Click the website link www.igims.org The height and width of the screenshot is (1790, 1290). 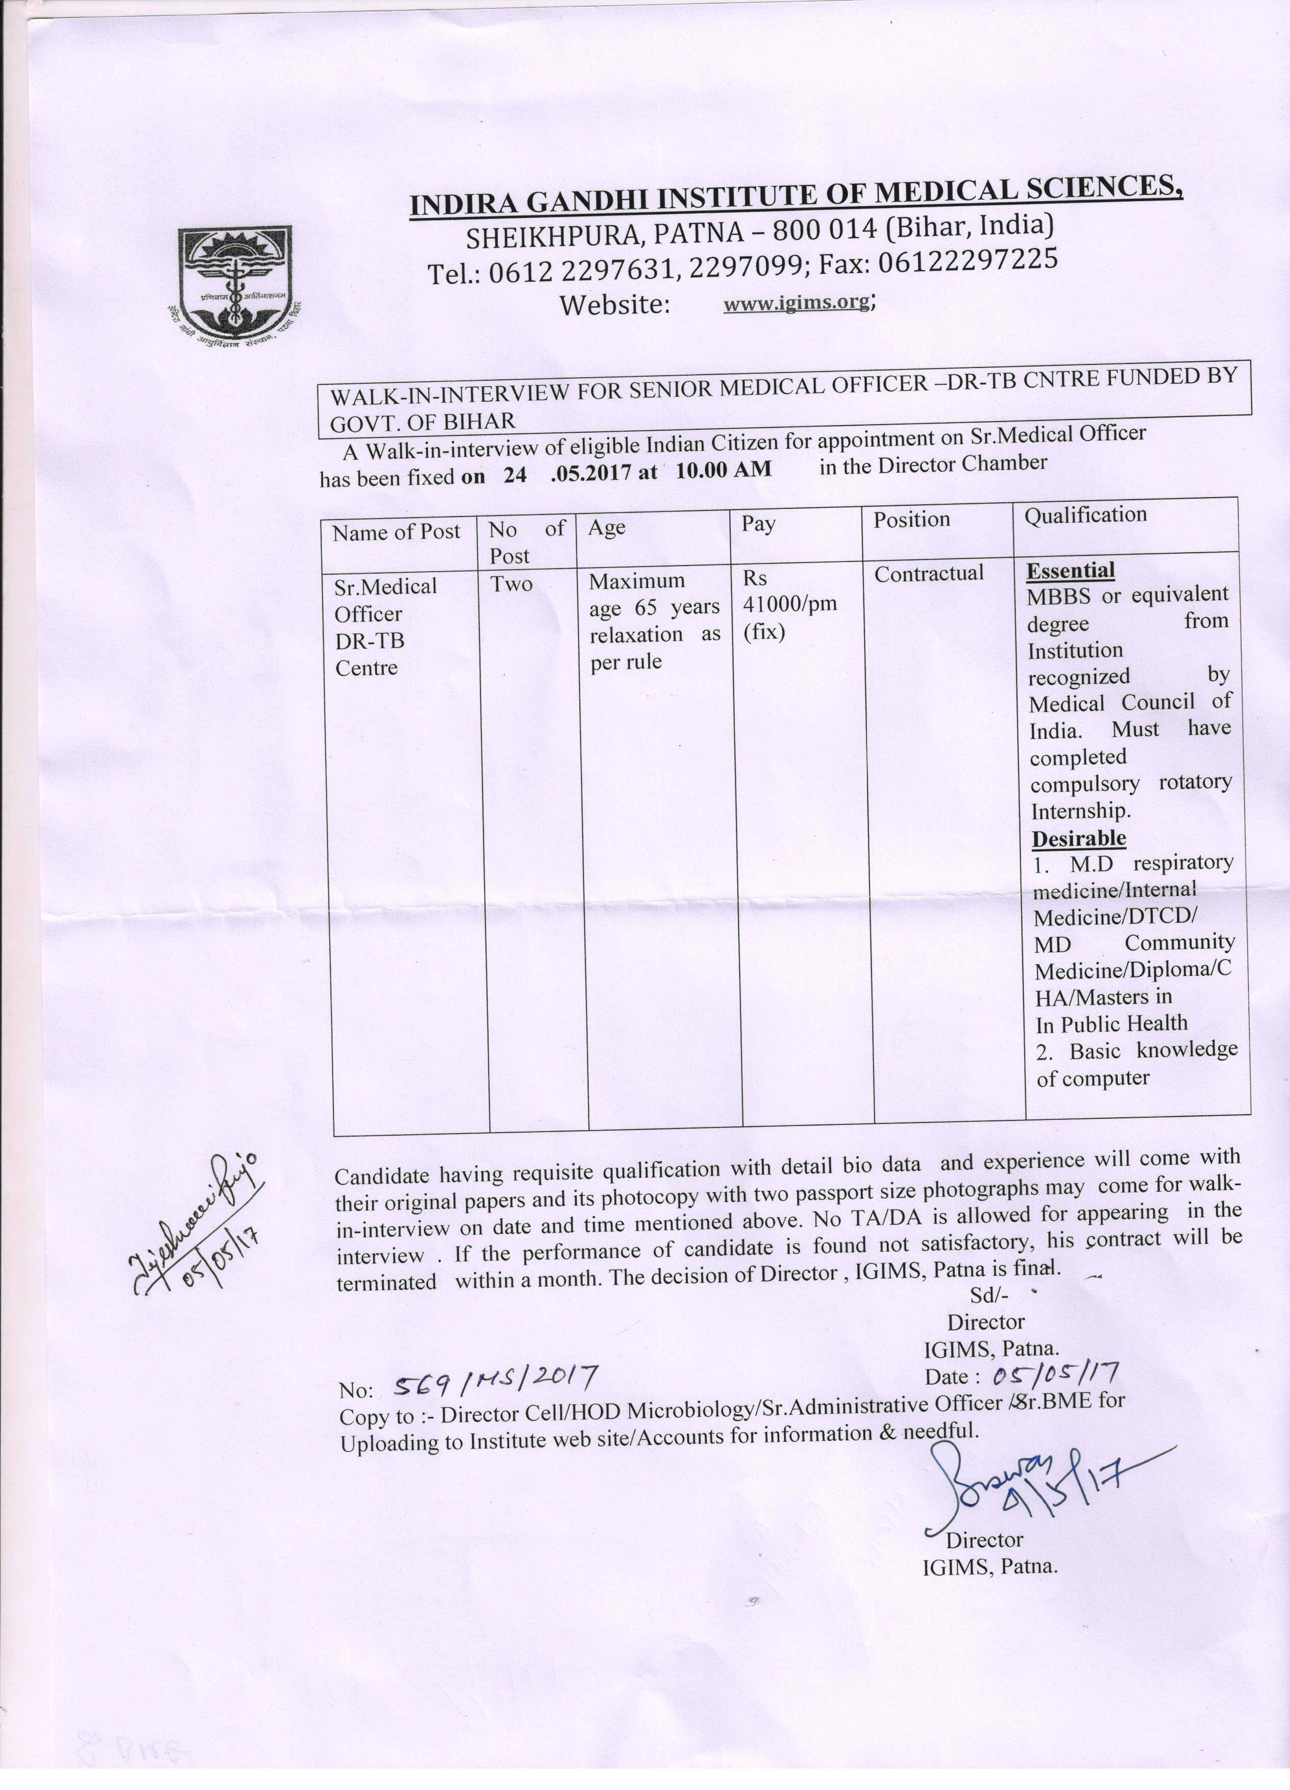[x=797, y=302]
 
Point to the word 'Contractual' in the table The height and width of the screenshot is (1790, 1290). [x=929, y=574]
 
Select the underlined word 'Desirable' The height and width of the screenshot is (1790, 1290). [x=1079, y=838]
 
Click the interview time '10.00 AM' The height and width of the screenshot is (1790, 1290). [x=724, y=470]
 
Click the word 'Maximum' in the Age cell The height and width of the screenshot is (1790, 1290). [x=637, y=582]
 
